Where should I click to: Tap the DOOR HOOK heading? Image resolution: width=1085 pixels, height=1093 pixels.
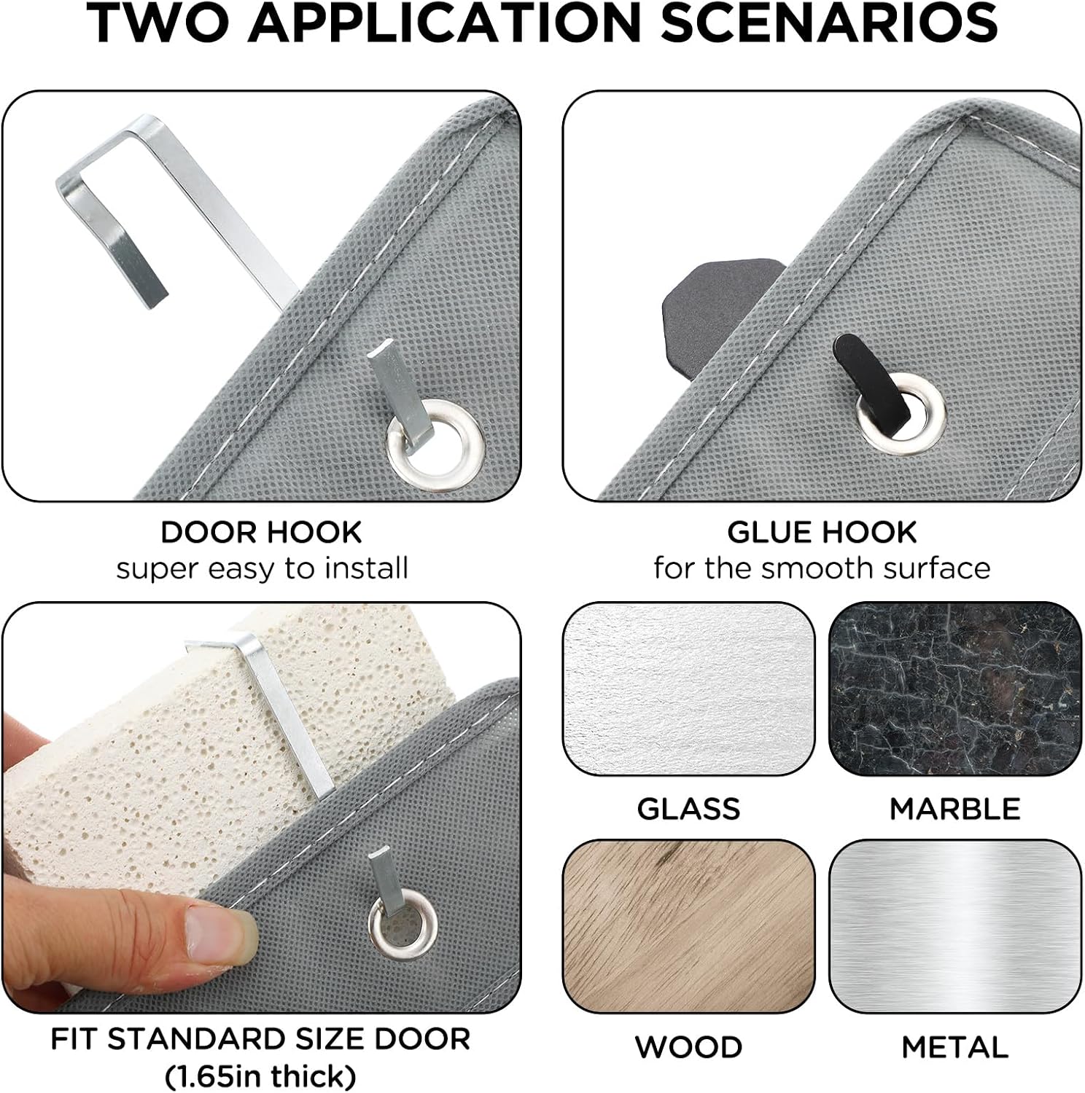click(x=261, y=532)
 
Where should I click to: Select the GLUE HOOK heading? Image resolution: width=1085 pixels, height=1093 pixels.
click(x=822, y=532)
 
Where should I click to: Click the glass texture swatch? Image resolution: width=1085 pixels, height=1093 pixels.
click(x=688, y=689)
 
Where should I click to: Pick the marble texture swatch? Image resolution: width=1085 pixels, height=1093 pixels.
click(x=955, y=689)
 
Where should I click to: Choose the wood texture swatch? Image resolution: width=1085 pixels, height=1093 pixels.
click(x=688, y=926)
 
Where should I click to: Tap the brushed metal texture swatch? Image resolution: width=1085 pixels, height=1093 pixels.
click(x=955, y=926)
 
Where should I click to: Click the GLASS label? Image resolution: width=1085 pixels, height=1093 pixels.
click(x=688, y=809)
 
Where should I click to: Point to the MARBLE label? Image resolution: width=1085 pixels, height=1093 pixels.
click(x=955, y=809)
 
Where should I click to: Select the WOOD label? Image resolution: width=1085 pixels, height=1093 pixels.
click(x=688, y=1047)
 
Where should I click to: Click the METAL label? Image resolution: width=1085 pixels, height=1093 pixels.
click(x=955, y=1047)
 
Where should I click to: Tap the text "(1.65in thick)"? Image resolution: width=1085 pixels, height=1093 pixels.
click(x=261, y=1076)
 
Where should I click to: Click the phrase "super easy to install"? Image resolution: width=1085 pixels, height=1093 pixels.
click(x=262, y=568)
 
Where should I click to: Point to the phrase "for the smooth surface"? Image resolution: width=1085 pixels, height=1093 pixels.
click(x=822, y=568)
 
